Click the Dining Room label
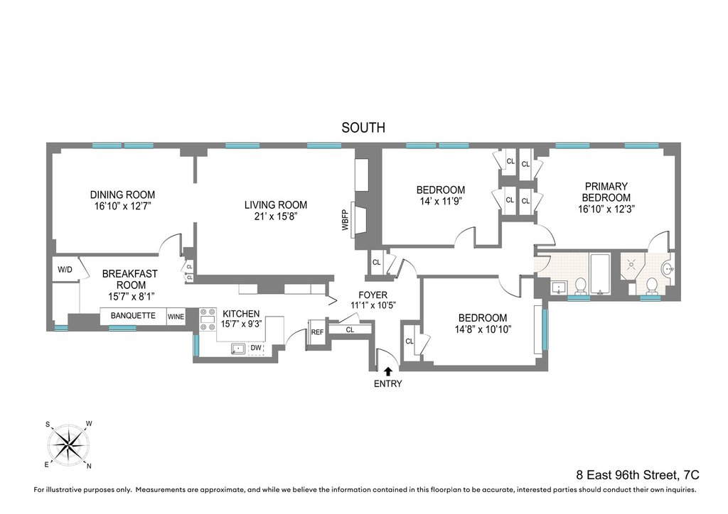(122, 195)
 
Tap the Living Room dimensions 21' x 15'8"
(276, 217)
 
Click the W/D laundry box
(65, 269)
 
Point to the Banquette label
(133, 316)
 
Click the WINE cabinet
(176, 317)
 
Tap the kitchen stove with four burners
(208, 319)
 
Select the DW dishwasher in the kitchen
(256, 349)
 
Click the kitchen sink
(239, 349)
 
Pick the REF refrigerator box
(317, 332)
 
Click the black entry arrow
(388, 370)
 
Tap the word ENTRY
(387, 384)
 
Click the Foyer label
(373, 295)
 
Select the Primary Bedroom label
(606, 192)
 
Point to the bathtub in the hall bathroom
(601, 273)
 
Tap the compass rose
(68, 445)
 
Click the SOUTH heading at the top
(363, 128)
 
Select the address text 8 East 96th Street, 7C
(638, 475)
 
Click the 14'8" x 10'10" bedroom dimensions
(483, 329)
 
